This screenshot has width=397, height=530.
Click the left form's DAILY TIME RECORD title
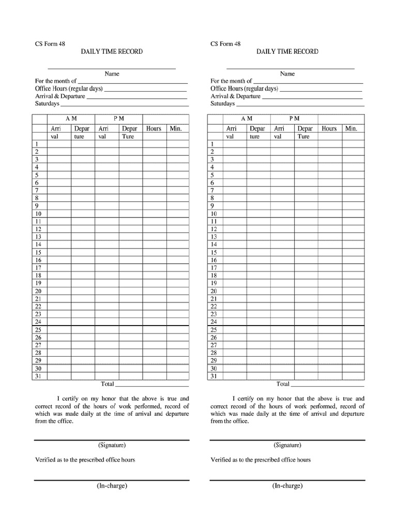(111, 52)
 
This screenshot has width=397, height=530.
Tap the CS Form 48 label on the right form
(225, 44)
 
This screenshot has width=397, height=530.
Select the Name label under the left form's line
(112, 74)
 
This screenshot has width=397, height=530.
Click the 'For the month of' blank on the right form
(308, 82)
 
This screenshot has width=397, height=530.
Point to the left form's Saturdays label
(47, 104)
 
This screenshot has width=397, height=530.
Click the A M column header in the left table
(71, 119)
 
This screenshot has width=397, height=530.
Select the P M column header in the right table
(294, 119)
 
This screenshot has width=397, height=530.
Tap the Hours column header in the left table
(154, 128)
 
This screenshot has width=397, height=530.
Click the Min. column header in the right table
(352, 128)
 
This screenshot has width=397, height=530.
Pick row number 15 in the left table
(38, 252)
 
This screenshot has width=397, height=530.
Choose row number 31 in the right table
(213, 376)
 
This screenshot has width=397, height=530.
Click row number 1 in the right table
(212, 144)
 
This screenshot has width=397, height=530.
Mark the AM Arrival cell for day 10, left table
(59, 214)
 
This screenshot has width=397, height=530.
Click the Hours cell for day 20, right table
(329, 291)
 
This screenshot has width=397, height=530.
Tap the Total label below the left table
(107, 384)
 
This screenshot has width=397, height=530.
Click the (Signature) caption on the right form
(287, 445)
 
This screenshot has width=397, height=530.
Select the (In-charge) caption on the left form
(112, 485)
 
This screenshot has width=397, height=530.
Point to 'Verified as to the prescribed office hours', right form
(261, 460)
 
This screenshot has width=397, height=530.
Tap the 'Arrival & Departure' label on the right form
(235, 96)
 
